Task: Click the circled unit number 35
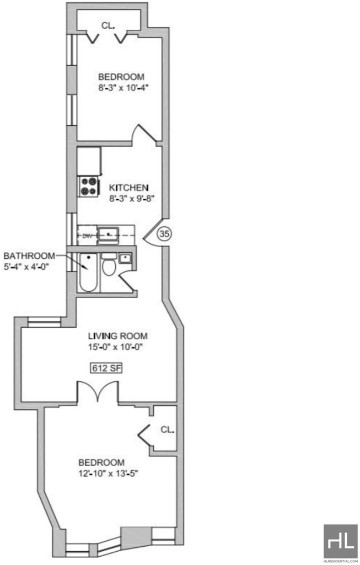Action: tap(164, 234)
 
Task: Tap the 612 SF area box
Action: tap(103, 368)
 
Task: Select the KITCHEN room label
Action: tap(128, 188)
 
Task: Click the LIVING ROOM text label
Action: tap(118, 336)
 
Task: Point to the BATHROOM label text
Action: tap(30, 256)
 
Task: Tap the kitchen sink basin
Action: tap(108, 234)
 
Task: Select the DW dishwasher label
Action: tap(87, 236)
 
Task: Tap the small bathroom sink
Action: tap(125, 258)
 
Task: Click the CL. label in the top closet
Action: tap(108, 25)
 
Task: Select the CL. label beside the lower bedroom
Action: tap(168, 429)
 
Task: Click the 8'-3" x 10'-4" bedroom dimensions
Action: tap(123, 88)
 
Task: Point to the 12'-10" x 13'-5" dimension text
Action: tap(109, 473)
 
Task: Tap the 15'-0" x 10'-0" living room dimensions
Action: tap(118, 347)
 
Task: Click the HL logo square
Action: tap(340, 541)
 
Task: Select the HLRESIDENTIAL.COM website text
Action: tap(340, 561)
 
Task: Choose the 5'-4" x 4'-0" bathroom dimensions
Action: tap(26, 266)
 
